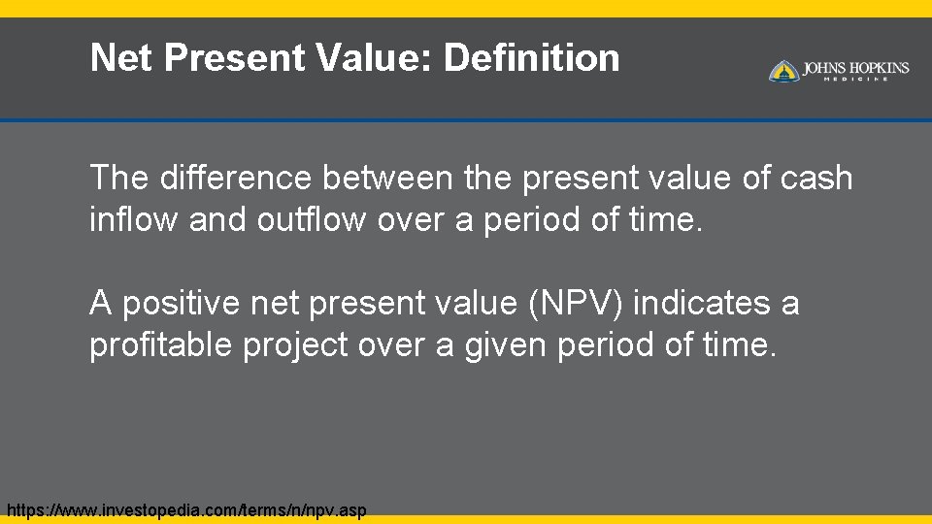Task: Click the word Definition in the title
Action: click(531, 58)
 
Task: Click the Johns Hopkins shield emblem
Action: click(783, 71)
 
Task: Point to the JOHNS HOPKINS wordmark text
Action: click(855, 68)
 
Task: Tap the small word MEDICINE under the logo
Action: click(855, 80)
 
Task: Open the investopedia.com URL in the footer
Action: click(186, 510)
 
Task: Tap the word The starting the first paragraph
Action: click(118, 179)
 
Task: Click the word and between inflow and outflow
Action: click(218, 219)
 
